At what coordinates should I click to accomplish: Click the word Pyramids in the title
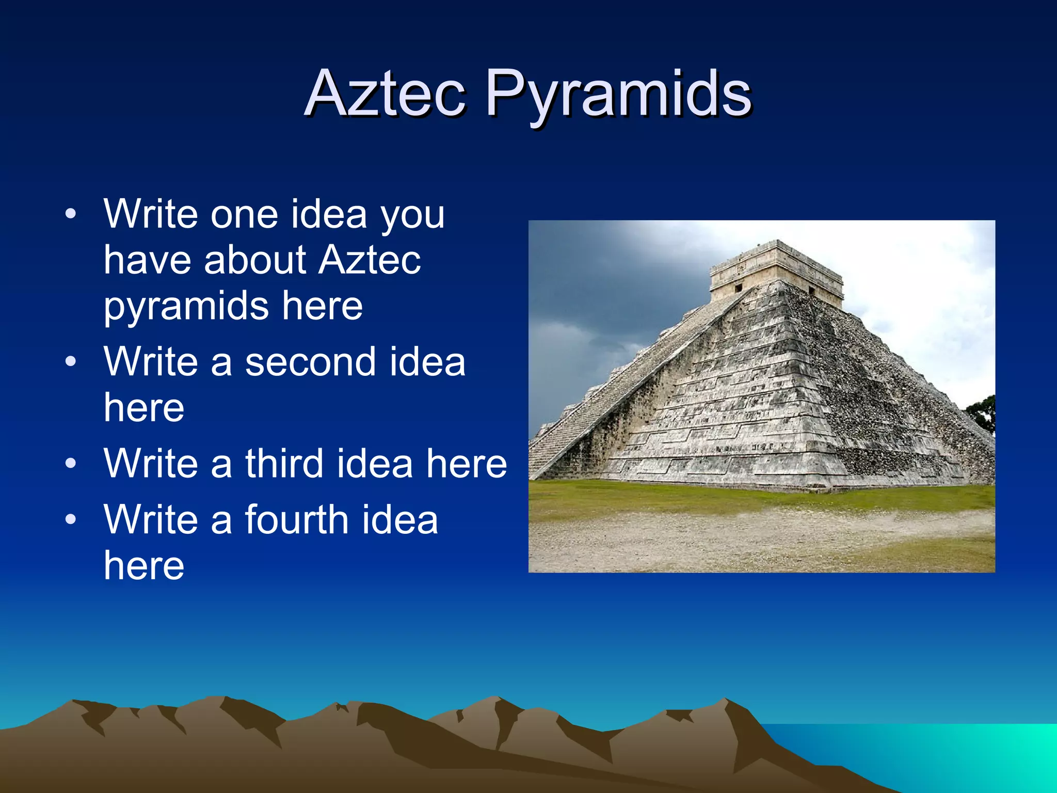coord(619,96)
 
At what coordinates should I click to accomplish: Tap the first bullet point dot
coord(71,214)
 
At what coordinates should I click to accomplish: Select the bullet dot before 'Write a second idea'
coord(71,362)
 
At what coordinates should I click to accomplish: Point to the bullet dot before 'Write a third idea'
coord(71,463)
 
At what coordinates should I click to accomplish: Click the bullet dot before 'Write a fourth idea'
coord(71,519)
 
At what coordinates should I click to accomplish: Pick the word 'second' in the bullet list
coord(311,362)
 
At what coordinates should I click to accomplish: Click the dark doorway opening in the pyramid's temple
coord(739,288)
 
